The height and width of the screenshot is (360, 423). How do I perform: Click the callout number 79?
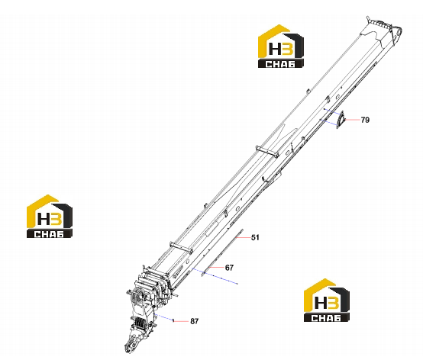tap(365, 120)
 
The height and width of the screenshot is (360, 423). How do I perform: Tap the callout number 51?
tap(255, 237)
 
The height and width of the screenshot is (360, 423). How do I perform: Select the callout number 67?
tap(229, 268)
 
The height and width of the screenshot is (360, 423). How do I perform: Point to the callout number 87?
tap(194, 321)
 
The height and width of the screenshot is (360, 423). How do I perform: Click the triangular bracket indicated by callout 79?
tap(341, 120)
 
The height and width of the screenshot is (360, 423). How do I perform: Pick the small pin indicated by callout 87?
tap(173, 320)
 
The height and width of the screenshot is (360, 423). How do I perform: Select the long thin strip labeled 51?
tap(222, 252)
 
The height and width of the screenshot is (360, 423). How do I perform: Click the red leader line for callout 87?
tap(181, 321)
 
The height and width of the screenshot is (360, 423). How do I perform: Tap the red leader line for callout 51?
tap(242, 237)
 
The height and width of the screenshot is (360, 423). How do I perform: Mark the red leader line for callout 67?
tap(216, 267)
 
